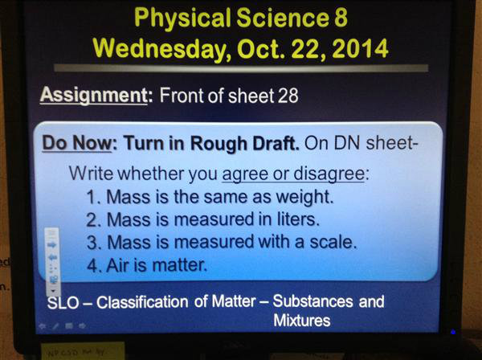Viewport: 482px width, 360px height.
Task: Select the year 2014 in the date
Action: pyautogui.click(x=360, y=48)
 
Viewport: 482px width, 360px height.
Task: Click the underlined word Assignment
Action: pyautogui.click(x=94, y=96)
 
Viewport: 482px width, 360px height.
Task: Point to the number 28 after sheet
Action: pyautogui.click(x=288, y=96)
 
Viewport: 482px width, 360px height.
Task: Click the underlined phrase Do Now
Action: pyautogui.click(x=77, y=143)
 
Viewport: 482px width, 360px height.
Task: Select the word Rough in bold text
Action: pyautogui.click(x=219, y=144)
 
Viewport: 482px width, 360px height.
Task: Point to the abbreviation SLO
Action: pyautogui.click(x=63, y=302)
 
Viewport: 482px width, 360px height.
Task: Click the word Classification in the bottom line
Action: pyautogui.click(x=142, y=302)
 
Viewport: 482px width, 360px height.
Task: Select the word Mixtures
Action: pyautogui.click(x=302, y=321)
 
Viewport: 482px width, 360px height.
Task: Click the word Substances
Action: pyautogui.click(x=312, y=301)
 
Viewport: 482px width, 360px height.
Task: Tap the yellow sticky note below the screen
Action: pyautogui.click(x=83, y=350)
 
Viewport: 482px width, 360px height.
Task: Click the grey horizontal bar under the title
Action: pyautogui.click(x=241, y=68)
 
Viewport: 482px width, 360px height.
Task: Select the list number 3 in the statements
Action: pyautogui.click(x=92, y=243)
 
